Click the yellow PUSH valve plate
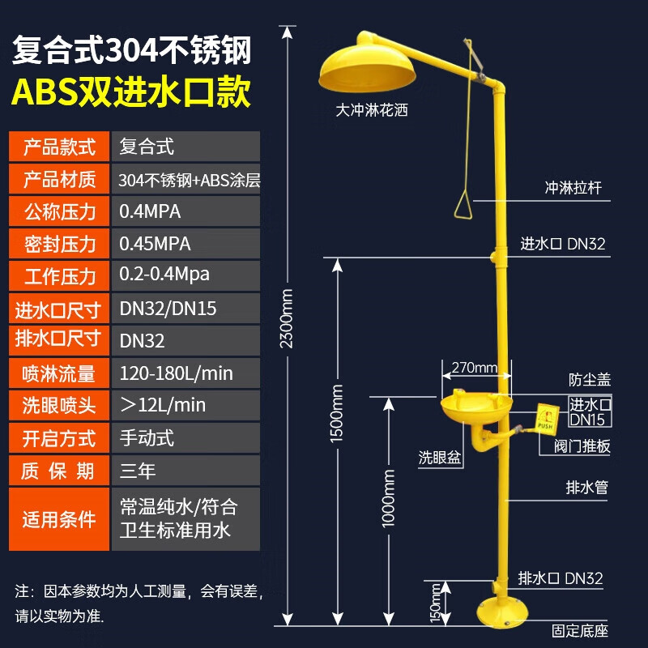(543, 418)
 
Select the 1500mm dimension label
(339, 413)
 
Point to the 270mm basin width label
(475, 369)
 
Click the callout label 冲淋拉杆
(573, 189)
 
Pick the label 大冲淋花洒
(372, 109)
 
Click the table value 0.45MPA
(156, 244)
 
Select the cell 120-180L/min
(176, 373)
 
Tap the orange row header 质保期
(58, 471)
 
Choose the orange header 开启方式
(58, 438)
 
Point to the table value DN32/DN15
(168, 309)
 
